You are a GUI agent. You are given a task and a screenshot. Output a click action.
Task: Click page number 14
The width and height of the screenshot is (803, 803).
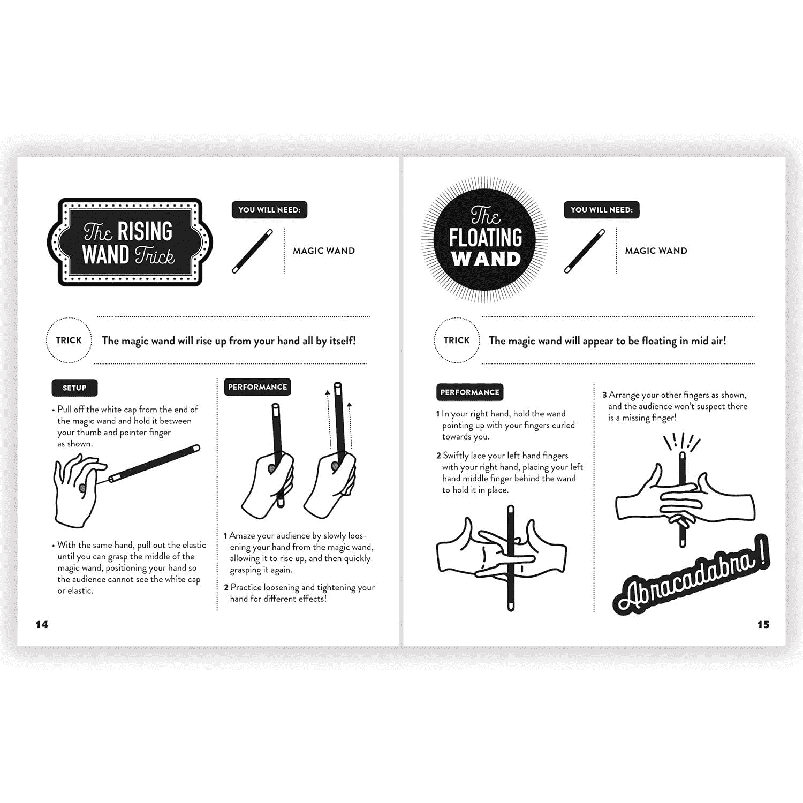point(42,625)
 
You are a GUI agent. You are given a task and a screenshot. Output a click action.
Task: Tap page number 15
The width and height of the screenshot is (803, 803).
point(763,625)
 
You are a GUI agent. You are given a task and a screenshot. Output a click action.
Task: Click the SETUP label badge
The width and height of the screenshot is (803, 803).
point(74,388)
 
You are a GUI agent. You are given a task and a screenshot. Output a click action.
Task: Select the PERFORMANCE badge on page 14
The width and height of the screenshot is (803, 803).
point(257,387)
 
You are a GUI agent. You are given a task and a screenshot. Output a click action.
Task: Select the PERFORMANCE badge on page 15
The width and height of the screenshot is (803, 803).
point(469,392)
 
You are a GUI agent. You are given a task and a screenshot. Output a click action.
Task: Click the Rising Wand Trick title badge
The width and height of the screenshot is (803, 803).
point(130,243)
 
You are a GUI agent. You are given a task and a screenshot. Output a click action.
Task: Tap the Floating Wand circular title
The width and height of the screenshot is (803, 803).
point(486,239)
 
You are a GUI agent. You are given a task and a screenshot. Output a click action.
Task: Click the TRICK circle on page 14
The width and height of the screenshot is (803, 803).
point(69,340)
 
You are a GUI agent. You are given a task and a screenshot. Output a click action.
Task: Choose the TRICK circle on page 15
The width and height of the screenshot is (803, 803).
point(457,340)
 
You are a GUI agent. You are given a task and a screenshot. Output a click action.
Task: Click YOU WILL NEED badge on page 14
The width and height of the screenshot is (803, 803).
point(269,210)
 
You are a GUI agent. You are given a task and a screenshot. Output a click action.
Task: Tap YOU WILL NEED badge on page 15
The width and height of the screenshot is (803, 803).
point(602,210)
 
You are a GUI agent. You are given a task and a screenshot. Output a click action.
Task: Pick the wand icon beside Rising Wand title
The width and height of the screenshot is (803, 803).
point(252,251)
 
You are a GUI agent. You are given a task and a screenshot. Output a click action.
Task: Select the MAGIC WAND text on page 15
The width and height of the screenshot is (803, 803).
point(656,251)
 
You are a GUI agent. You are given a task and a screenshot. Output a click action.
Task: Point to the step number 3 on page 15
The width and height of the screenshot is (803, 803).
point(604,395)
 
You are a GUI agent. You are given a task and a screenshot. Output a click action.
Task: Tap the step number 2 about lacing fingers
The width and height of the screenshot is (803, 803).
point(438,456)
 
